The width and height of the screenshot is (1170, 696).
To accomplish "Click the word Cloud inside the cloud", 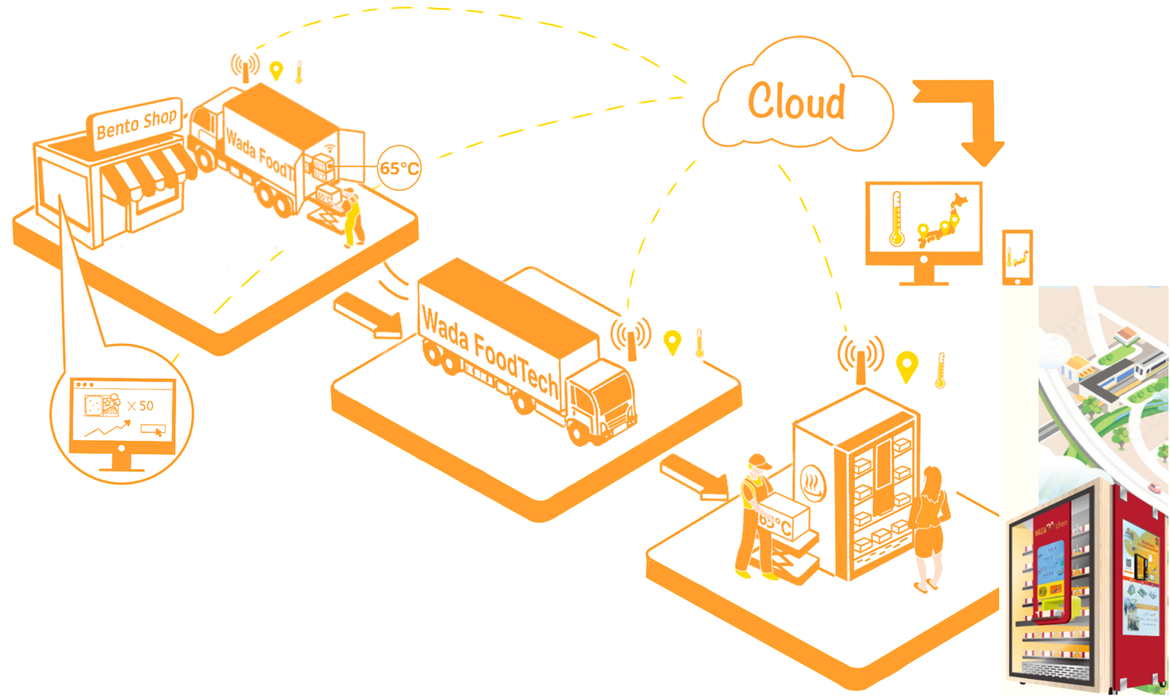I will point(796,101).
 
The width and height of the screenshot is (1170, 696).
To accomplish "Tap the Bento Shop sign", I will point(136,122).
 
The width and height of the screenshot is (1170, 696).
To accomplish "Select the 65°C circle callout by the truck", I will point(399,168).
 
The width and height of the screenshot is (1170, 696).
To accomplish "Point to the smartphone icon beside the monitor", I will point(1017,258).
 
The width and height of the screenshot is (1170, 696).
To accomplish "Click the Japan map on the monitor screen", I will point(941,221).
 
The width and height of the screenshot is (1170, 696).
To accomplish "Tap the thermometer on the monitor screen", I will point(896,219).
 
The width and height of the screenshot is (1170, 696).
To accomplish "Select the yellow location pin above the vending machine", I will point(906,367).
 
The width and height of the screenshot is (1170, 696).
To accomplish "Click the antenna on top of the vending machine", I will point(861,358).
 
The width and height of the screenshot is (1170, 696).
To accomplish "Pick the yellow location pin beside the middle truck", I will point(672,342).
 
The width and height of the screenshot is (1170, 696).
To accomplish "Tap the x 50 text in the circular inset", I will point(140,406).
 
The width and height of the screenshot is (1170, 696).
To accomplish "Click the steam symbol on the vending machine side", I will point(814,483).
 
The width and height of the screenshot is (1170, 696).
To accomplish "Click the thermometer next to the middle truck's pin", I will point(699,344).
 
